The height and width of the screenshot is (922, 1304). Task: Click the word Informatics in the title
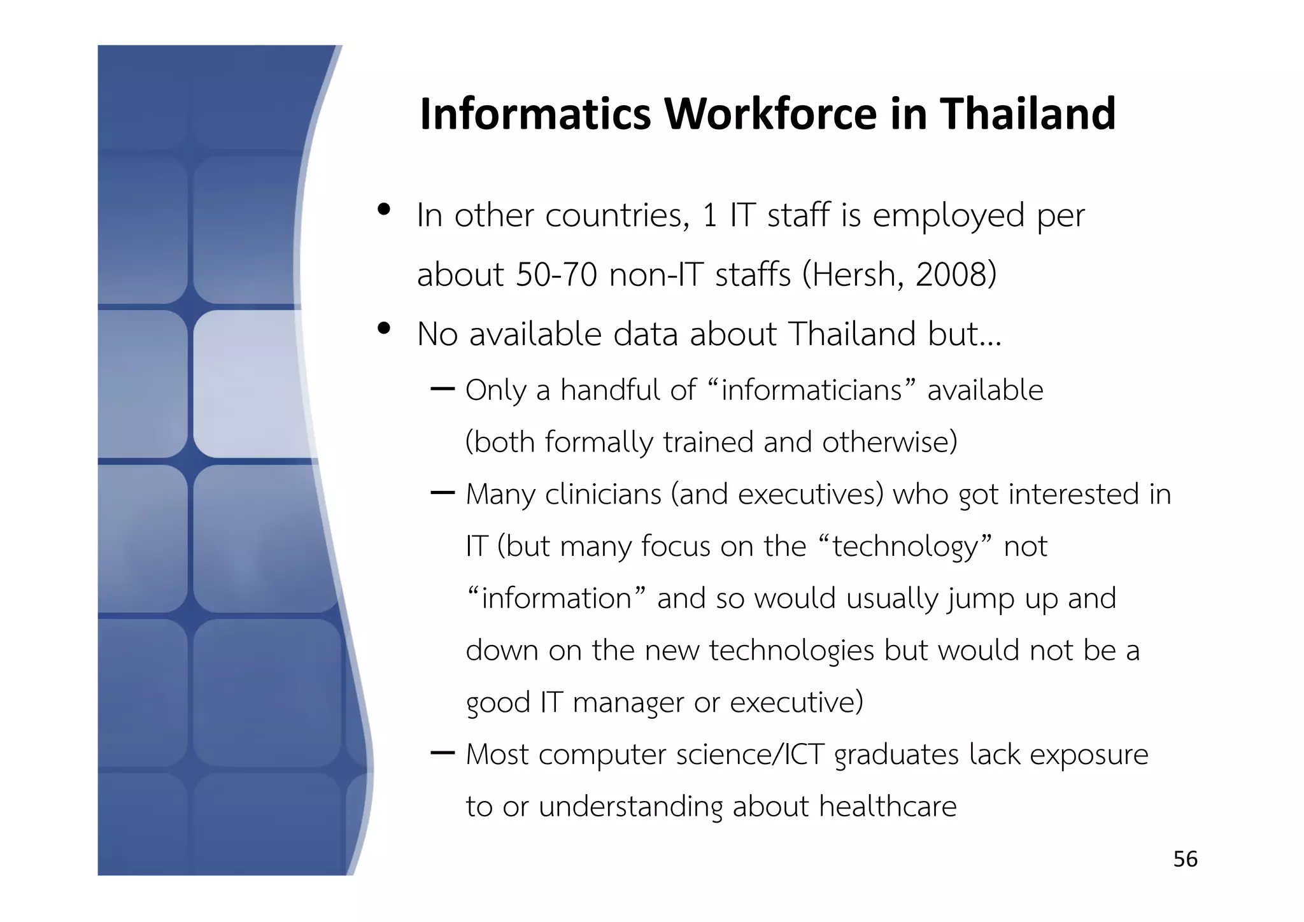click(535, 114)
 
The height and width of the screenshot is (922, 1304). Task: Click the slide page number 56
click(1185, 859)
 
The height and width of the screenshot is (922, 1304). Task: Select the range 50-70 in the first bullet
click(556, 275)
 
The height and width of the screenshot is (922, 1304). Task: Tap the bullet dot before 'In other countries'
click(383, 209)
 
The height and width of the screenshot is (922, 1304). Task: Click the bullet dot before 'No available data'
click(383, 329)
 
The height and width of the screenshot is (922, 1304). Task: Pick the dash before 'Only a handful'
click(443, 388)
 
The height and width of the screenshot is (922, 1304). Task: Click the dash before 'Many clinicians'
click(443, 492)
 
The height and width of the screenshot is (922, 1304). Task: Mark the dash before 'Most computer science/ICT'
click(443, 753)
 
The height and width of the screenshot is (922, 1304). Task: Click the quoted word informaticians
click(811, 390)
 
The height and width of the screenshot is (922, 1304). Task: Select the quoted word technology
click(904, 546)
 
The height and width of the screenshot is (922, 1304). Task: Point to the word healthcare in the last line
click(888, 807)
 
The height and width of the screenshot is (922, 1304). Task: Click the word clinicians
click(603, 494)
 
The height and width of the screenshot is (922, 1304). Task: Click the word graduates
click(896, 755)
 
